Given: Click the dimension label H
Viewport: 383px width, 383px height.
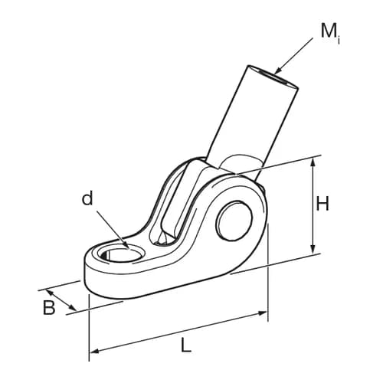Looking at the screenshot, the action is point(322,204).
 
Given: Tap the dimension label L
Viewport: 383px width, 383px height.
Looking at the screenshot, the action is point(186,345).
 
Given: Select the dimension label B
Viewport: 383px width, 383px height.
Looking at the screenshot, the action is point(49,307).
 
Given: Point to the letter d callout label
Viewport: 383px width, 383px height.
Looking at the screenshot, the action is point(87,198).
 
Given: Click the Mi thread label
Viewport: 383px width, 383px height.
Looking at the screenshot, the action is point(331,32).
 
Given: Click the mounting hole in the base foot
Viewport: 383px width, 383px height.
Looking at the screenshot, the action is point(122,255).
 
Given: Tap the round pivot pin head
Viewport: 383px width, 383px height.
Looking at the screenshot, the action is point(234,221).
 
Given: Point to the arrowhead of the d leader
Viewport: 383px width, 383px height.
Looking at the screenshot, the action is point(126,245).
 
